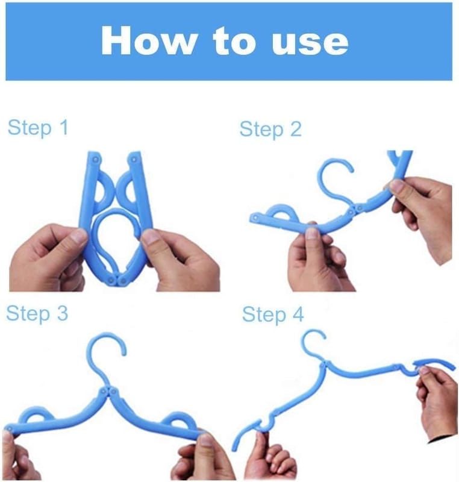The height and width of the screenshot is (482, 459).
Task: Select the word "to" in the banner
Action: click(234, 41)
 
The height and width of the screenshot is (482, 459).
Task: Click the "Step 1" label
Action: click(37, 128)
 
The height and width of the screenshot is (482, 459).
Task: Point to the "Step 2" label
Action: click(270, 130)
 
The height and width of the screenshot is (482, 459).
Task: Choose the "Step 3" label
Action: click(37, 313)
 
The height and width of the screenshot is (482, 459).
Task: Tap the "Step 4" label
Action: click(273, 315)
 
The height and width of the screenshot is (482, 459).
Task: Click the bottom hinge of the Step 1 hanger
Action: click(117, 280)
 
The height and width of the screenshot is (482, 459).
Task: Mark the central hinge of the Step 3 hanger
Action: click(108, 392)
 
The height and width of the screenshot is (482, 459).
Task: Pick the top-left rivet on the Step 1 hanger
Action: click(96, 159)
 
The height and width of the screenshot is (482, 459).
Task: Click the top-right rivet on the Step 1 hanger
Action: click(134, 159)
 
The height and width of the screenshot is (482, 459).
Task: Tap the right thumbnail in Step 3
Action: click(205, 439)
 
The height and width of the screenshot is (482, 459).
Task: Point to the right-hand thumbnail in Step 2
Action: click(396, 186)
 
